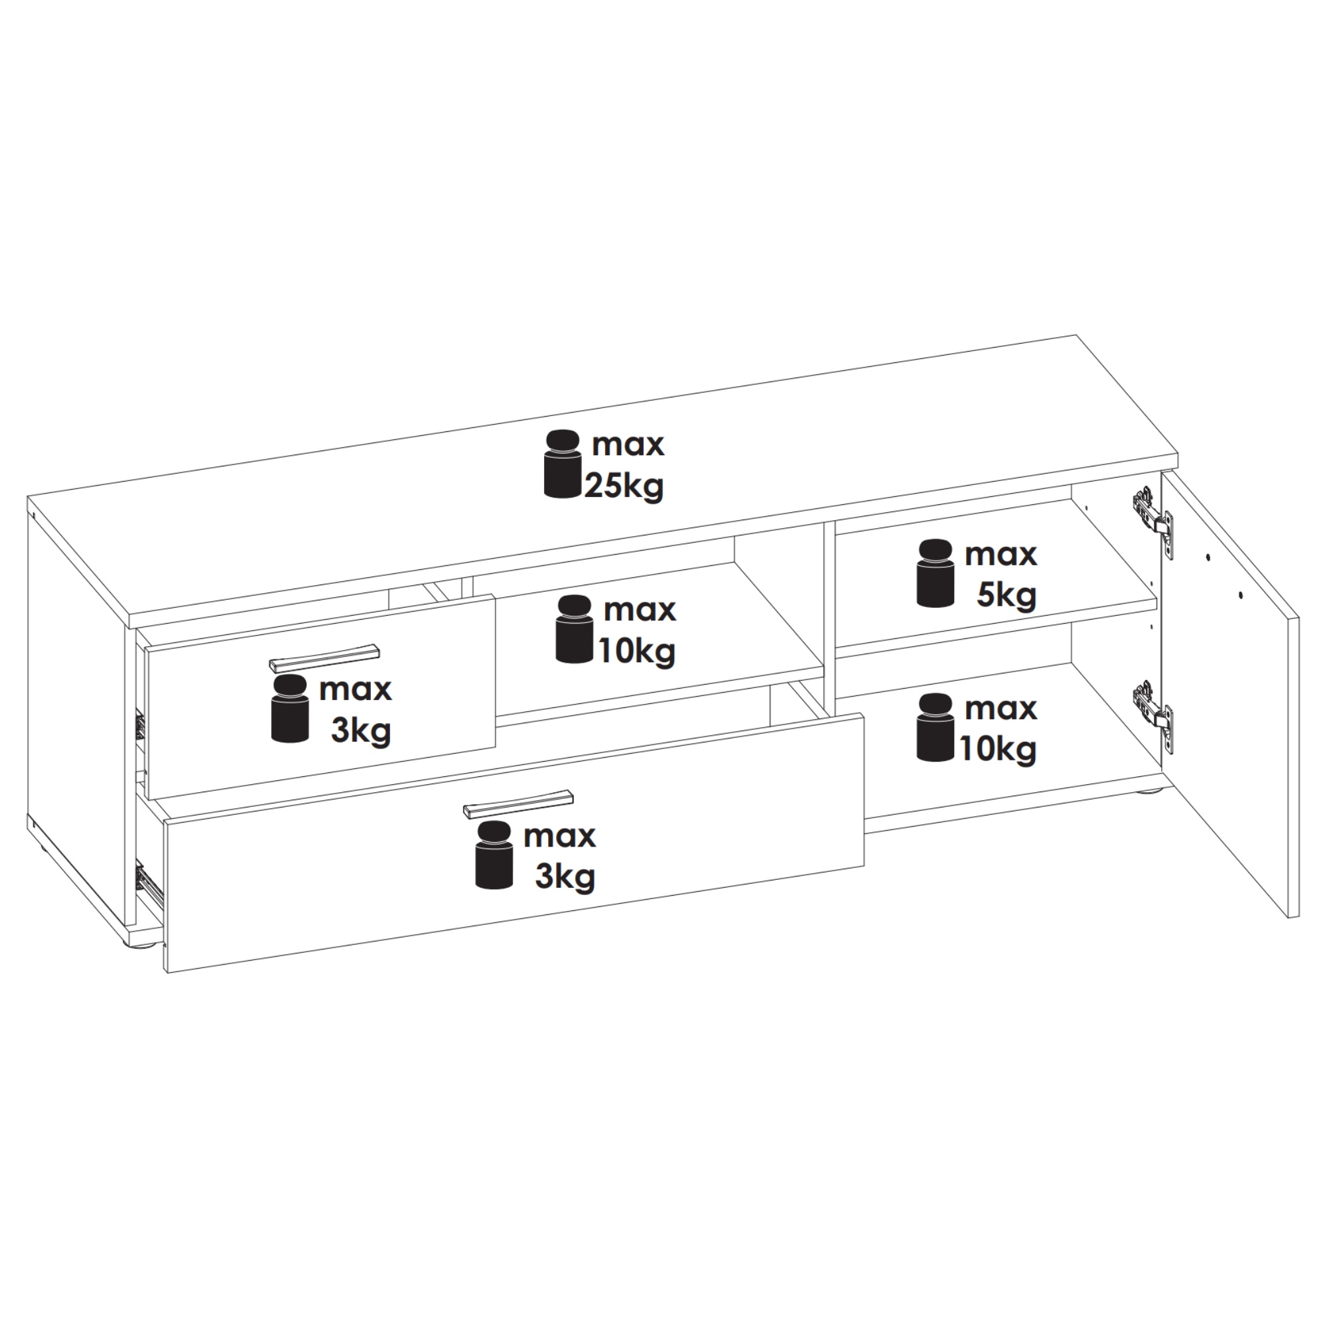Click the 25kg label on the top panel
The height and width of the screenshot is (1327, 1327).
624,486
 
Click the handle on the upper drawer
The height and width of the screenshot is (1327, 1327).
324,657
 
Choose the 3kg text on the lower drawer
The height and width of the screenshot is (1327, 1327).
565,877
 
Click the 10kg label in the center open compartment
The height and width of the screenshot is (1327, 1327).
637,651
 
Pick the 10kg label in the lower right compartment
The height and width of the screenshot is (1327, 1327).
997,748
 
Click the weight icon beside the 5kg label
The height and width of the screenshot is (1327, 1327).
936,573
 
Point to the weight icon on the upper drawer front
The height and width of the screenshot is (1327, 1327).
291,708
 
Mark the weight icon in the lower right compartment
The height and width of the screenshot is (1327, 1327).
936,728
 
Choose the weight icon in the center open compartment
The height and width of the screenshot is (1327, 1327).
574,630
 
